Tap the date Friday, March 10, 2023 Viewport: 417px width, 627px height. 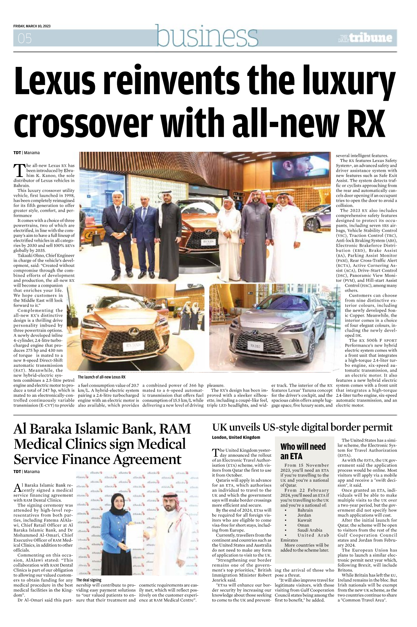point(32,26)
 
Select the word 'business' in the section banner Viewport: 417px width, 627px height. point(207,36)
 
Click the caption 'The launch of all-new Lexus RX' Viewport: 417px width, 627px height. point(102,377)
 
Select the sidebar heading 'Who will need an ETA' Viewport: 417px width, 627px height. point(303,451)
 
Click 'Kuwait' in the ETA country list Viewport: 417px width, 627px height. point(305,520)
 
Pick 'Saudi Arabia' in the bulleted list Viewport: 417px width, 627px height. point(310,530)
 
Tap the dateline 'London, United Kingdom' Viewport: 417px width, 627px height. point(236,438)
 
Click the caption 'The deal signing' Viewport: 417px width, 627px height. point(89,580)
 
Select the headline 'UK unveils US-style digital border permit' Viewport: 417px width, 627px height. point(302,427)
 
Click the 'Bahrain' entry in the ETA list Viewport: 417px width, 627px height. point(305,510)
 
